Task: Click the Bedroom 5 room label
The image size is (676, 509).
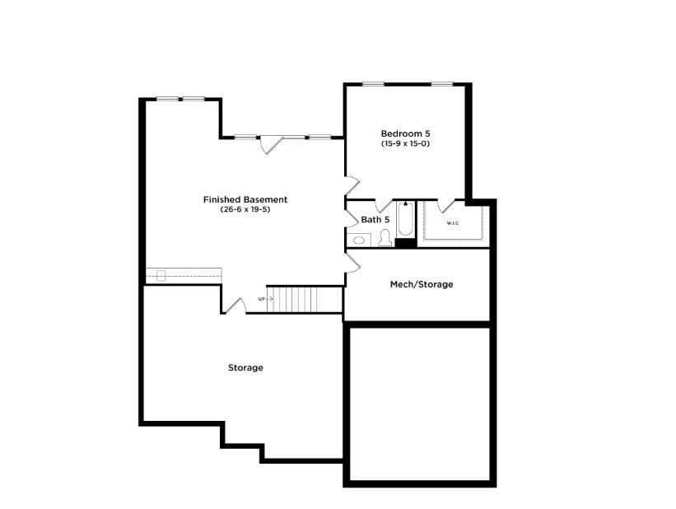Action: [x=405, y=133]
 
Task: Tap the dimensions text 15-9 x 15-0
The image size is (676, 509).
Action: [x=405, y=144]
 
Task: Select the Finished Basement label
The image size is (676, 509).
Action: [x=245, y=199]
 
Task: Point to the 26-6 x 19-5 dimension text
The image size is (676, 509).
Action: [x=245, y=209]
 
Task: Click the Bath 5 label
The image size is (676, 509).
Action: [x=375, y=220]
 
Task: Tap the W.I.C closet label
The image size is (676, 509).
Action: [x=453, y=223]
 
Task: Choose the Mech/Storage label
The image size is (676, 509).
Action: [x=421, y=284]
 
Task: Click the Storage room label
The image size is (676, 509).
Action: [x=245, y=367]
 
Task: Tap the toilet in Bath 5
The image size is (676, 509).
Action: [x=385, y=239]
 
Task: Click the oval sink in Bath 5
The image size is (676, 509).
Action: [x=359, y=240]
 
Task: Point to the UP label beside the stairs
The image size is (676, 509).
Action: [x=262, y=298]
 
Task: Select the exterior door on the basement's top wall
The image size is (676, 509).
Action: [x=272, y=144]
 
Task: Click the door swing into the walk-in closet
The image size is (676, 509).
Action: [x=446, y=206]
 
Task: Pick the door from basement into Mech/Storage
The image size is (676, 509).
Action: [x=352, y=261]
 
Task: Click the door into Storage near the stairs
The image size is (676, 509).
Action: [x=235, y=306]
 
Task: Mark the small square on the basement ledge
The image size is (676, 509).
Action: [x=161, y=275]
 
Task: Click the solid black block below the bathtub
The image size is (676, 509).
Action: [x=405, y=242]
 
